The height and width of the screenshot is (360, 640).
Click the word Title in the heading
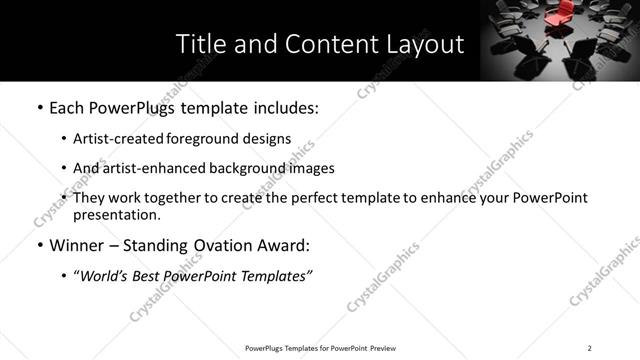coord(198,45)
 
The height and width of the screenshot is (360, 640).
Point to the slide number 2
coord(589,348)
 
